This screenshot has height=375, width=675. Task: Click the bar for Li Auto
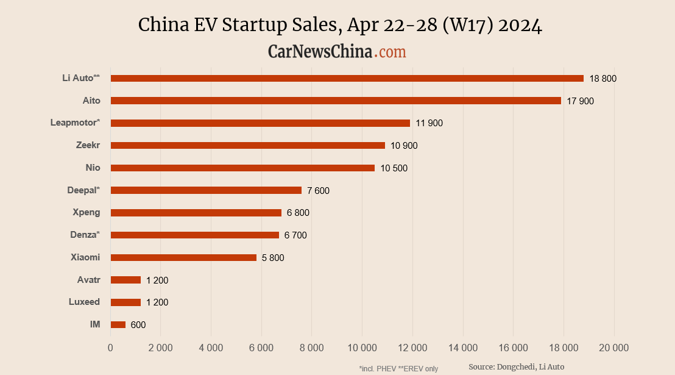(347, 78)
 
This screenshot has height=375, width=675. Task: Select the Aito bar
(336, 101)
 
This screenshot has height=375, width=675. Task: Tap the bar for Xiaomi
(183, 257)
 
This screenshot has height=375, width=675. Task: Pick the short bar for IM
(118, 325)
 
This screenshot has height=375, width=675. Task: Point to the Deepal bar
(206, 190)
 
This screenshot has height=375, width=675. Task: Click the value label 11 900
(429, 123)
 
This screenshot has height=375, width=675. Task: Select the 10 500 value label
(394, 168)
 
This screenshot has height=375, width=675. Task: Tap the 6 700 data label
(295, 235)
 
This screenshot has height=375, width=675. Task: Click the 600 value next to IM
(138, 325)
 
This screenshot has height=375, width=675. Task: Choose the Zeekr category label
(88, 145)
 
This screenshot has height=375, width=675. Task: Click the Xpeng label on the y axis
(87, 213)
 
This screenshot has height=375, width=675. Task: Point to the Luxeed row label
(85, 302)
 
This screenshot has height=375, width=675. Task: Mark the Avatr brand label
(88, 280)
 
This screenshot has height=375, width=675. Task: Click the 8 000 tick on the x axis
(311, 348)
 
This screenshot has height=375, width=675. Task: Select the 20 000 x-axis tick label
(613, 348)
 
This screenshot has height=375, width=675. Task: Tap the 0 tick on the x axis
(110, 348)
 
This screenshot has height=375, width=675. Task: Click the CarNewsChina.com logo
(337, 51)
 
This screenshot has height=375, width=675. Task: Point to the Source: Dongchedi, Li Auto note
(516, 366)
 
